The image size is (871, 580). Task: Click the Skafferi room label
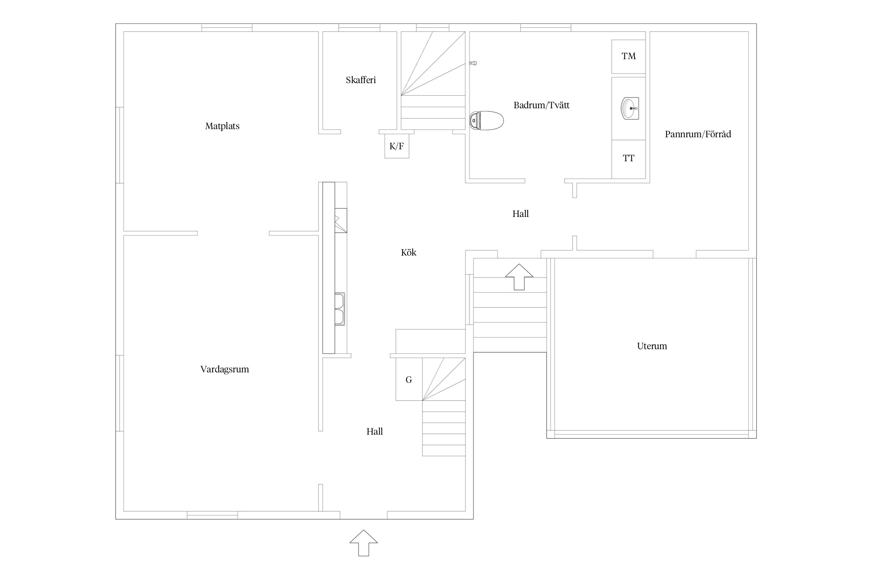click(x=361, y=80)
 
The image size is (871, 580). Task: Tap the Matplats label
click(x=222, y=126)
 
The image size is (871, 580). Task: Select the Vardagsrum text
click(x=225, y=369)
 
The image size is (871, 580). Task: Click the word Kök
click(x=408, y=252)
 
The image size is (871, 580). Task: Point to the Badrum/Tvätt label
click(x=541, y=105)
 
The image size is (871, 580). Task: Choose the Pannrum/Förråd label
click(x=698, y=134)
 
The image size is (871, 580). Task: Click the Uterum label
click(x=652, y=346)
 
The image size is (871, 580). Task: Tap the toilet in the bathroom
click(x=486, y=120)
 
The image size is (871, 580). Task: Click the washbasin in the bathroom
click(x=629, y=108)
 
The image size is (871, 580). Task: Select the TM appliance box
click(x=628, y=56)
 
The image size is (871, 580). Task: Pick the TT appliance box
click(x=628, y=159)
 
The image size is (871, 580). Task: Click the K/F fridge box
click(x=396, y=146)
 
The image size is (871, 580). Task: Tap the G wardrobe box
click(x=409, y=379)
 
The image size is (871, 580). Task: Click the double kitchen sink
click(x=339, y=309)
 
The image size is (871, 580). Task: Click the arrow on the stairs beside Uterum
click(x=519, y=276)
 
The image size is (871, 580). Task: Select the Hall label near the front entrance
click(x=374, y=432)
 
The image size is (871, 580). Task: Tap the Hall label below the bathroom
click(x=520, y=214)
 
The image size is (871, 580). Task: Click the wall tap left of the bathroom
click(x=473, y=63)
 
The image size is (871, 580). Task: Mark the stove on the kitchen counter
click(x=341, y=220)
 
